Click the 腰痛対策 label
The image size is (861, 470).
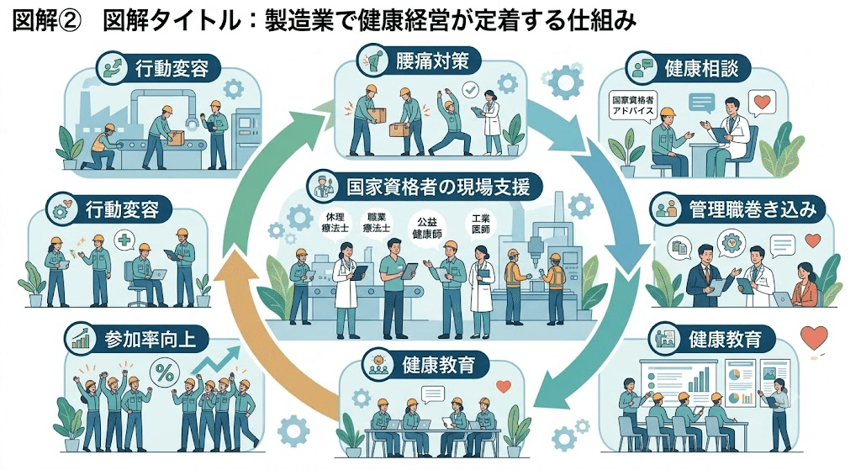[x=432, y=61]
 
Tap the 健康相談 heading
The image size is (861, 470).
[x=700, y=68]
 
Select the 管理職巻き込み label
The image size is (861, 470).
[x=753, y=209]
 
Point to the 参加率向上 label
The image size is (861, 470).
[x=150, y=338]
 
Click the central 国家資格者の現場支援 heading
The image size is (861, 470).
[x=438, y=187]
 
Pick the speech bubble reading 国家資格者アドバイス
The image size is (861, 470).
[x=634, y=105]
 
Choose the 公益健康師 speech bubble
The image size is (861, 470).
[x=426, y=227]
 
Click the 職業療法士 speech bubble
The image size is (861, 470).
[x=377, y=223]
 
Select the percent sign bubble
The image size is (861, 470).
[x=165, y=374]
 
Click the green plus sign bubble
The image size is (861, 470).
[x=124, y=240]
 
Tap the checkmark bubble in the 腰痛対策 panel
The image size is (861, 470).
[x=469, y=89]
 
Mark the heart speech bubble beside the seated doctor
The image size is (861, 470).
[x=762, y=103]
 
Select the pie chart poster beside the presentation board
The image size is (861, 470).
[x=740, y=382]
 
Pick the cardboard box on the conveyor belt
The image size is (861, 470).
[x=175, y=138]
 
